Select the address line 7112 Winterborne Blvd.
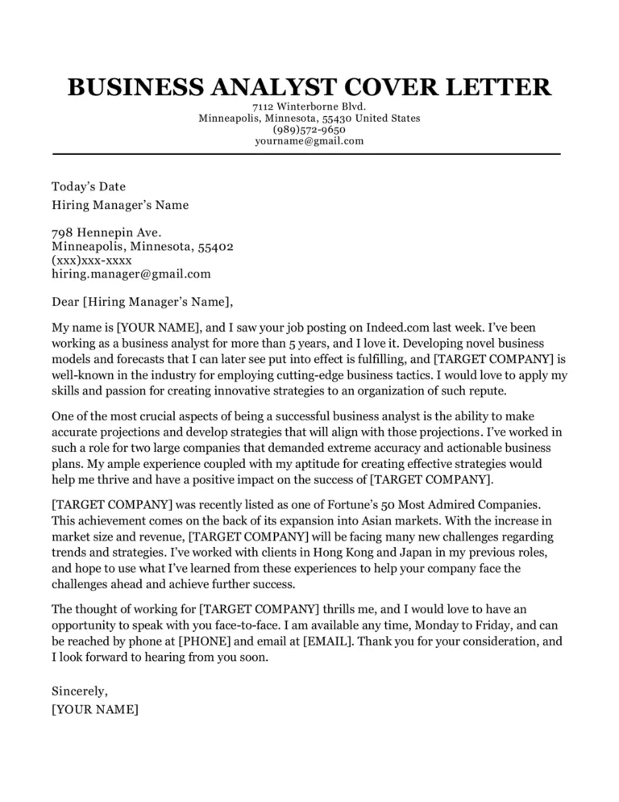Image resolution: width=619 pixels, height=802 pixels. pos(309,107)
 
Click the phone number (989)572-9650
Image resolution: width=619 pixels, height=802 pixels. pos(309,129)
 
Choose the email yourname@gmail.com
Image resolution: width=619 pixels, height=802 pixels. pos(309,140)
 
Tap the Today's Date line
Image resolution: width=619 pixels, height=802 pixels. pos(89,186)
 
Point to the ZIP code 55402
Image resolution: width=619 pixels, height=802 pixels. pos(215,246)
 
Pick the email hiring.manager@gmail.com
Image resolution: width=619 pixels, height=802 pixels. pos(131,274)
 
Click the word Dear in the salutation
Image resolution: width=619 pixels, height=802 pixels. pos(65,303)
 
